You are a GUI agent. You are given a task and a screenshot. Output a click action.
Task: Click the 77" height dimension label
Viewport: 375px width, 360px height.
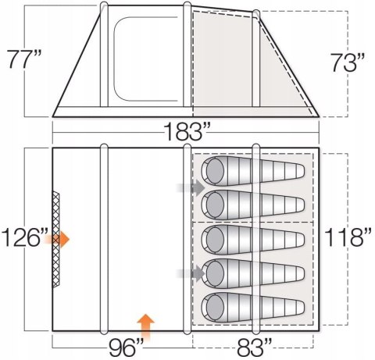click(24, 59)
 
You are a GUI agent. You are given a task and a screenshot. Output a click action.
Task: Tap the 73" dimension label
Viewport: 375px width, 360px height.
click(348, 62)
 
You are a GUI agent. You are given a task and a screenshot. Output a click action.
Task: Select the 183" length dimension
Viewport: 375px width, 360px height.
click(187, 131)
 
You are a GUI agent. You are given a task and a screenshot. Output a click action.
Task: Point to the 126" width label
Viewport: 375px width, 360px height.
click(25, 237)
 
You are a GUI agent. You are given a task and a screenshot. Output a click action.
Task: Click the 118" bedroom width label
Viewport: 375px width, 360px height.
click(348, 237)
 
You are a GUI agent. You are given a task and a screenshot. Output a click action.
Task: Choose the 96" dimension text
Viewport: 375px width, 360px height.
click(127, 348)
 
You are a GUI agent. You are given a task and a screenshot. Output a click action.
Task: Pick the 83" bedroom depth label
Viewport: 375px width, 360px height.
click(255, 348)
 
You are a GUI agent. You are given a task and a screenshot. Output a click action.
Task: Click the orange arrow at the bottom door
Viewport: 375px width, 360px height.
click(145, 327)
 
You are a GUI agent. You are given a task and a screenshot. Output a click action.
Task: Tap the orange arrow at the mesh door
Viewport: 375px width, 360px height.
click(57, 239)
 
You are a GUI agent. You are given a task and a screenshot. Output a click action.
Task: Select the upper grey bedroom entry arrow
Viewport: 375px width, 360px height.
click(191, 187)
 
